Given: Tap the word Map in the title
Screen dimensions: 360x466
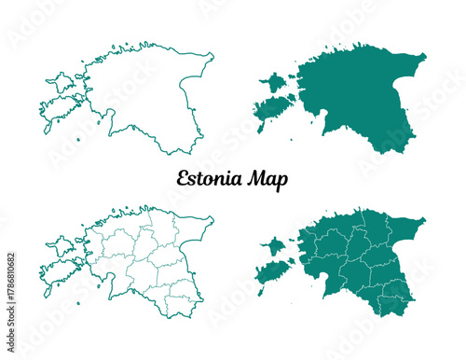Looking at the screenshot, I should tap(267, 178).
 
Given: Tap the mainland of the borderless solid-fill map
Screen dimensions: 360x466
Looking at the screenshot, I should tap(363, 93).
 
